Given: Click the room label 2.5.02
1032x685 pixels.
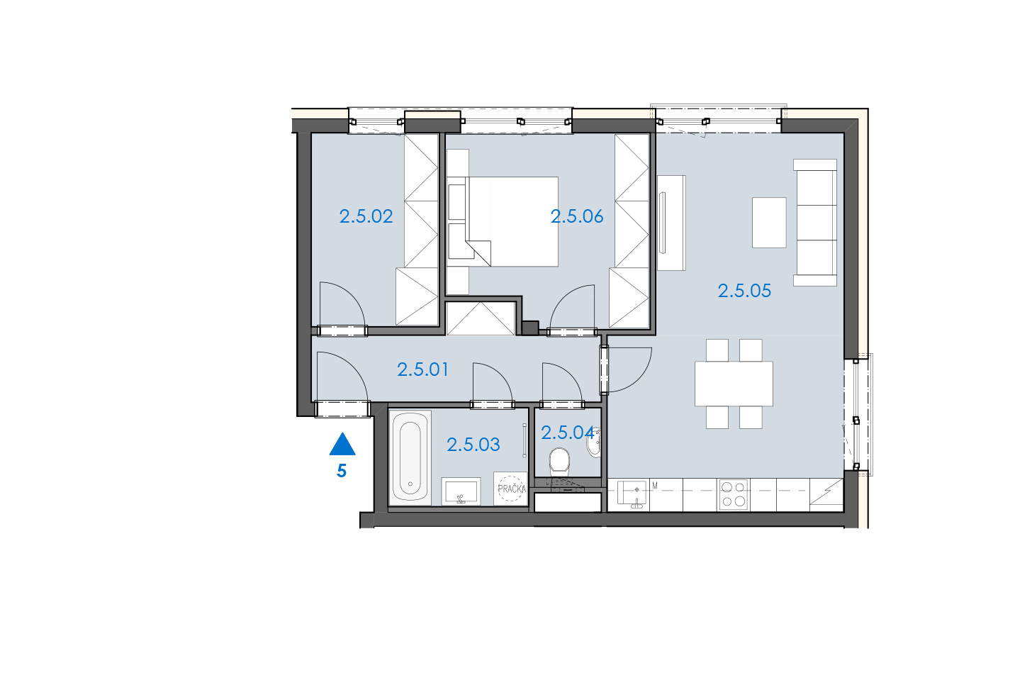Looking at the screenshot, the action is (366, 216).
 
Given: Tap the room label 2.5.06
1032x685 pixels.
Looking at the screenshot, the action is (577, 216).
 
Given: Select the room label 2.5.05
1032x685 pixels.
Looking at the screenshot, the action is (744, 291).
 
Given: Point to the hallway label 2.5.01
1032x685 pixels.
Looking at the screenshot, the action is (422, 369).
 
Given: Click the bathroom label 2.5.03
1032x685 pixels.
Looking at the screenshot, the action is (473, 445).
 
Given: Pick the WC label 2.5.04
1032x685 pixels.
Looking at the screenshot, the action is (567, 433).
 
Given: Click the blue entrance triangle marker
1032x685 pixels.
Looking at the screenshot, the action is (342, 444).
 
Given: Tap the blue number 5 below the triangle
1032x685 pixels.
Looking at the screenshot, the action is (342, 471).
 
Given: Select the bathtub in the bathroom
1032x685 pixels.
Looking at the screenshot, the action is (410, 458).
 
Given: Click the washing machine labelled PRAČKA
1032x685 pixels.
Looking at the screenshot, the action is (510, 489).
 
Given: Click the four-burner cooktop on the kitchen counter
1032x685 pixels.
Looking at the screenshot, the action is (734, 495).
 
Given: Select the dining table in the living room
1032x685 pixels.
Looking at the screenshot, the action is (734, 384).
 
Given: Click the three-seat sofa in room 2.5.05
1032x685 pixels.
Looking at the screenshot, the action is (815, 223).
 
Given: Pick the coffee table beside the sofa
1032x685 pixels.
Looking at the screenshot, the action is (769, 223).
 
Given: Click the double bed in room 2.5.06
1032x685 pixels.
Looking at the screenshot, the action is (512, 222).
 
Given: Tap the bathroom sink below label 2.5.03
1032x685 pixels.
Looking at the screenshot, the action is (461, 491).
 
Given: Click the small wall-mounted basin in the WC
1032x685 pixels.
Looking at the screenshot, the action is (594, 442).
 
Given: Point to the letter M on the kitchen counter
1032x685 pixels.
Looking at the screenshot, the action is (655, 486).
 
